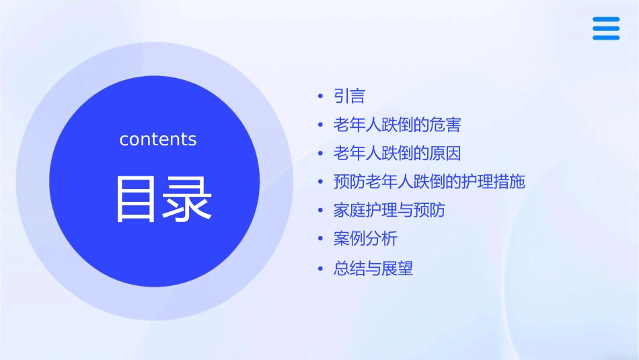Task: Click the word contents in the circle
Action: coord(158,139)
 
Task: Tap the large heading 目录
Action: coord(164,199)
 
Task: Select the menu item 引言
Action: coord(349,96)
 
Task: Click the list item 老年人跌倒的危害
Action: coord(397,125)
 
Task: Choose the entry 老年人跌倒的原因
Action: coord(397,153)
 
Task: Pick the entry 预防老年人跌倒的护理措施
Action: coord(429,182)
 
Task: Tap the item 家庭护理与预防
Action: coord(389,210)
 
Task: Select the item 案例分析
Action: coord(365,239)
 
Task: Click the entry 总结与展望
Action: coord(373,268)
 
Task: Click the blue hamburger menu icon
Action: coord(606,28)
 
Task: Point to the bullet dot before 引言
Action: coord(321,97)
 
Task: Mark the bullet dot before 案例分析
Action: coord(321,240)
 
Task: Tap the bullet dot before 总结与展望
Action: coord(321,269)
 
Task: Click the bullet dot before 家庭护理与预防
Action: coord(321,211)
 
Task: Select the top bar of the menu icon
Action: coord(606,19)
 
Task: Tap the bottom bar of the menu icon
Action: coord(606,38)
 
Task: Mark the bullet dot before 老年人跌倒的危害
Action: coord(321,126)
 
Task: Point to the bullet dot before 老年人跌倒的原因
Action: coord(321,154)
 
